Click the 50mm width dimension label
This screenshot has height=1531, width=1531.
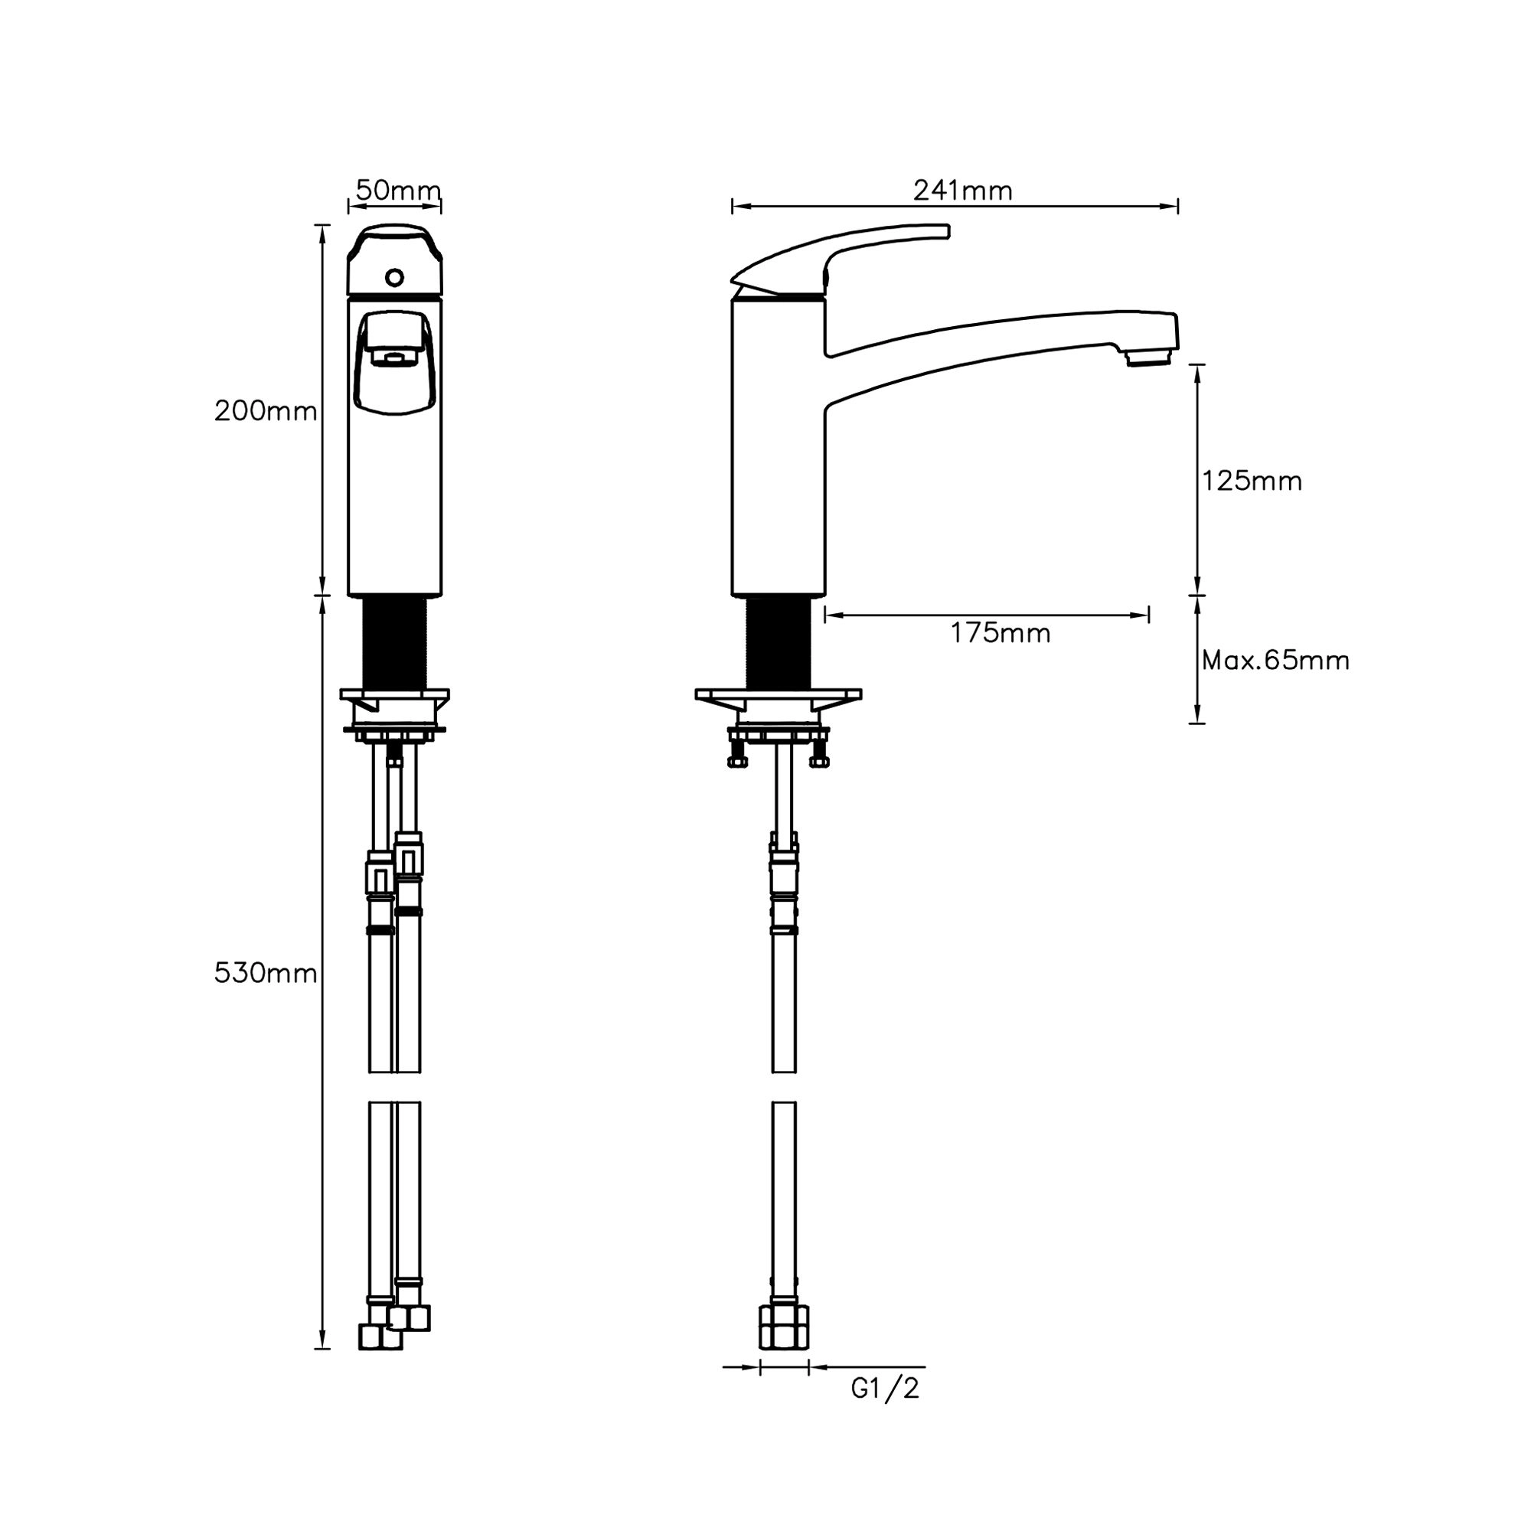[x=398, y=190]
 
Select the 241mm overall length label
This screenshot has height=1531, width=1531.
[x=963, y=191]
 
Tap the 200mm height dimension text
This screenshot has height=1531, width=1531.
[x=266, y=411]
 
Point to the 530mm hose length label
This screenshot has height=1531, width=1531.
[x=266, y=973]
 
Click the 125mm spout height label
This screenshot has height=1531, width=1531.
[x=1252, y=481]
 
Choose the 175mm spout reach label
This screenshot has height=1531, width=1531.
[x=1001, y=633]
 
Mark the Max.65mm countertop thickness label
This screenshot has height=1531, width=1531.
[x=1275, y=660]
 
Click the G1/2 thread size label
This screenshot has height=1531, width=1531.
[x=885, y=1389]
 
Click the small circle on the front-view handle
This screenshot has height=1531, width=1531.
[x=395, y=278]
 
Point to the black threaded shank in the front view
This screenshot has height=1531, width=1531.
[x=395, y=643]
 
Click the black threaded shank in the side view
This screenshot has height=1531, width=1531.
[x=779, y=643]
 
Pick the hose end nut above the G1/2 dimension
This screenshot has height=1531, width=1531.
[x=784, y=1327]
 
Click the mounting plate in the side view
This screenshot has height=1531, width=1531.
[x=779, y=695]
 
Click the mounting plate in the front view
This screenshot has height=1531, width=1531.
[x=395, y=695]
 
